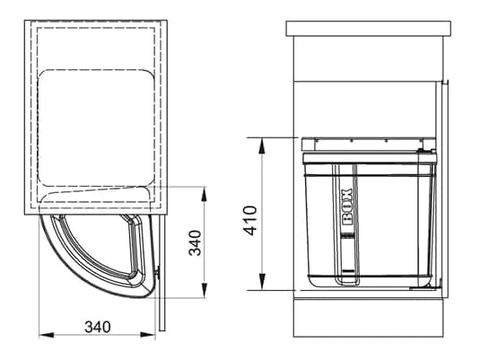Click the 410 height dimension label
click(250, 221)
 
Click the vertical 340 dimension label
click(195, 243)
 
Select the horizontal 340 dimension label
click(98, 327)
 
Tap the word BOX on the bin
click(347, 207)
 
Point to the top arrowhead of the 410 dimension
click(262, 146)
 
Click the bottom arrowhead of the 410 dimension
click(262, 282)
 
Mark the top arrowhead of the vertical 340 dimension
click(204, 194)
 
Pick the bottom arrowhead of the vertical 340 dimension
click(204, 290)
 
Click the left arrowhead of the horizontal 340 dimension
click(47, 335)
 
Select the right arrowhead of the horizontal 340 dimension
click(148, 335)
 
